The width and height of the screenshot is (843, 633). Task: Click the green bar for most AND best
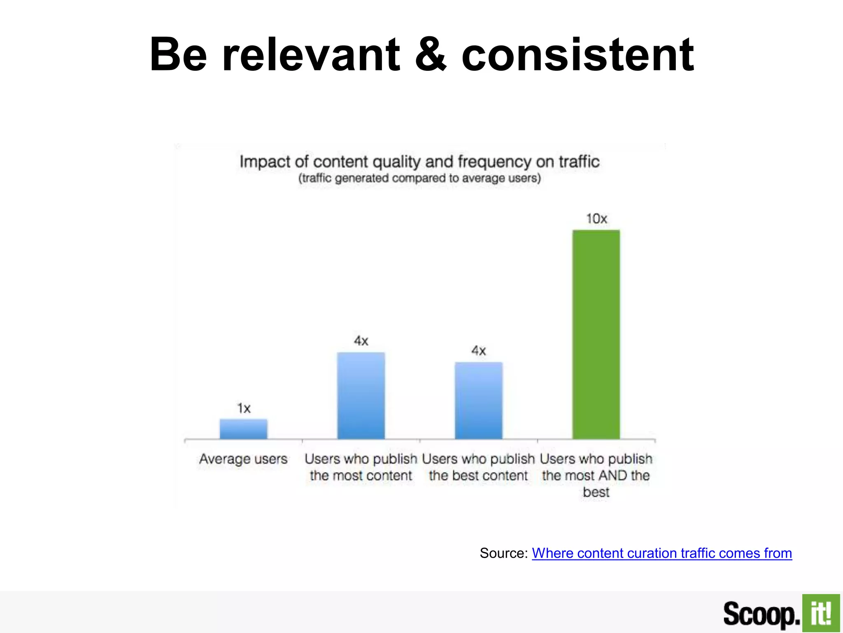(596, 334)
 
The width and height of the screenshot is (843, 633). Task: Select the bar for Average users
(243, 429)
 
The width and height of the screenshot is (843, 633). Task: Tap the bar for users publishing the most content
(361, 396)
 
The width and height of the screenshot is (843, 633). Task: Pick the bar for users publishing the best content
(478, 401)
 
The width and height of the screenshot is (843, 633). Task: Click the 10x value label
(596, 218)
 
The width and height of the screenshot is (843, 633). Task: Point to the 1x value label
(244, 408)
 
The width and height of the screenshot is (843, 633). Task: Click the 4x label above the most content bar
(361, 341)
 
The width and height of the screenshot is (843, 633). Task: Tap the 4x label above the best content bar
(478, 351)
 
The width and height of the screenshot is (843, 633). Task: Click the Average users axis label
(243, 459)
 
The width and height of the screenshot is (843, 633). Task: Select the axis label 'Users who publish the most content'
(361, 467)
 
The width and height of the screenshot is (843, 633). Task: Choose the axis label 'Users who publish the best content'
(478, 467)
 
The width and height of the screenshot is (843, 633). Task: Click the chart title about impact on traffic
(419, 162)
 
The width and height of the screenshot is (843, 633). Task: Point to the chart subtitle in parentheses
(419, 178)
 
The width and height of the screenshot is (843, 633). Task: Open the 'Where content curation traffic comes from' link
(662, 553)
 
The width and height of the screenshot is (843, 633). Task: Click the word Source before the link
(503, 553)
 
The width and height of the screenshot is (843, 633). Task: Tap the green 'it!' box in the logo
(821, 613)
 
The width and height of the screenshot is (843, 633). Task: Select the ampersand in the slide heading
(431, 54)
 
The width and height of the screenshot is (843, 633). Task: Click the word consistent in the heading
(578, 54)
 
